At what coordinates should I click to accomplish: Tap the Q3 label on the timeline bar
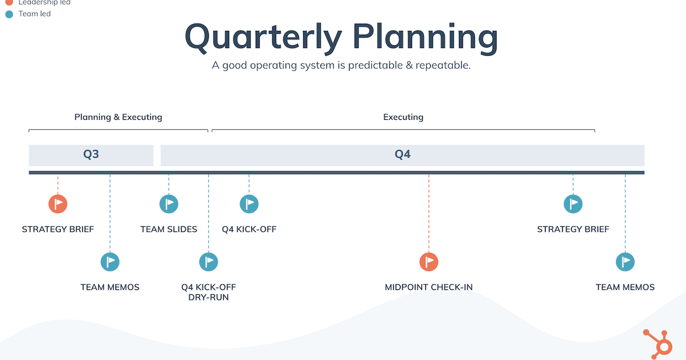coord(91,154)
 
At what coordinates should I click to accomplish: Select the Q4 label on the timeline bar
coord(402,154)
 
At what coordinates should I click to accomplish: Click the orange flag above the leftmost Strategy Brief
coord(58,203)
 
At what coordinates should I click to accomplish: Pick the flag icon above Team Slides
coord(169,203)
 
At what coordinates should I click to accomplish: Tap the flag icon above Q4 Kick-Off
coord(249,203)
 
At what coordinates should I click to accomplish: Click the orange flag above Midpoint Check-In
coord(429,262)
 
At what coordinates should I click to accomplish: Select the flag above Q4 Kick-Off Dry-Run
coord(209,262)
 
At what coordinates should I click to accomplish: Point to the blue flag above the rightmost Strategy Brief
coord(573,203)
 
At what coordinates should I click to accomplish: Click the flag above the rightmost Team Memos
coord(625,262)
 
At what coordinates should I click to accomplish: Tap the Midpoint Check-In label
coord(429,287)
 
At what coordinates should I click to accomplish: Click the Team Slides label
coord(169,229)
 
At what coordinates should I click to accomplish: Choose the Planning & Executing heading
coord(118,117)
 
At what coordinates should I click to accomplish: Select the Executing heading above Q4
coord(403,117)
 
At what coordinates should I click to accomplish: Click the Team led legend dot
coord(9,14)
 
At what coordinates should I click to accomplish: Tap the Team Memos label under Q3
coord(110,287)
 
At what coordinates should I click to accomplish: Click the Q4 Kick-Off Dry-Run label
coord(209,292)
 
